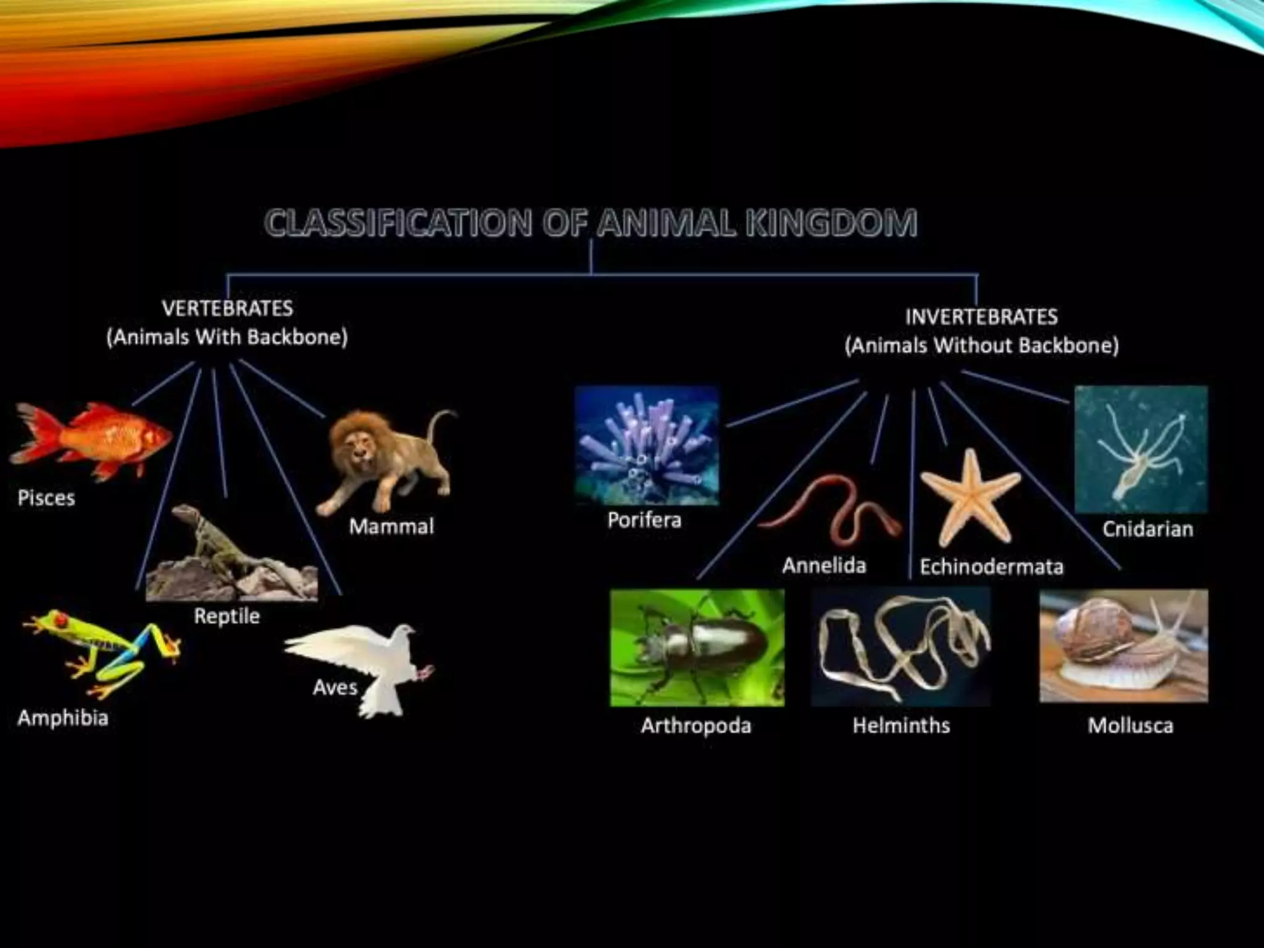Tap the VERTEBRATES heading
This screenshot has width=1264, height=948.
coord(227,308)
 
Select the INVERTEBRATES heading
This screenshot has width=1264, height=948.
coord(981,317)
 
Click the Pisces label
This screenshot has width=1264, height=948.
coord(46,498)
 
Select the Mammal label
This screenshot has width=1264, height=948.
coord(391,526)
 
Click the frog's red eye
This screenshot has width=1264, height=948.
coord(60,618)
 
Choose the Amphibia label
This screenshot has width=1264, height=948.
coord(63,718)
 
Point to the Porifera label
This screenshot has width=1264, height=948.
coord(644,520)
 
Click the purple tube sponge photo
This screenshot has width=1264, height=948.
coord(646,444)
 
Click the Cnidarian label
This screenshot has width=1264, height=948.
coord(1147,529)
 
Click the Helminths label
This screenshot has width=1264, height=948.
coord(901,725)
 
